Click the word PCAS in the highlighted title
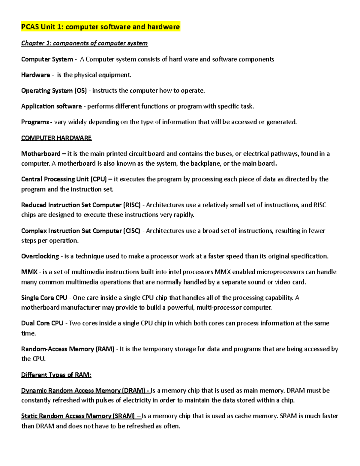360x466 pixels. [x=30, y=27]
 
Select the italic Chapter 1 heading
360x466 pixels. [x=84, y=43]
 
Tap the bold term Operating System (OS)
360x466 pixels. [x=54, y=91]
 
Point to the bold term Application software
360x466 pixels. [x=51, y=106]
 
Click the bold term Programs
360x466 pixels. [x=35, y=122]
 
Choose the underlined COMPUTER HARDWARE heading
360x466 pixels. [x=56, y=138]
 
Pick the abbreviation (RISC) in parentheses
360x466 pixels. [x=132, y=205]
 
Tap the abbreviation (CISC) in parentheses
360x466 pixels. [x=131, y=231]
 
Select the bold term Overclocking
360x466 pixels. [x=40, y=256]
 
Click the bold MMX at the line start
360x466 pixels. [x=29, y=272]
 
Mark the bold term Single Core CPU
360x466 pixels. [x=44, y=298]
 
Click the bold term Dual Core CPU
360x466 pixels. [x=42, y=323]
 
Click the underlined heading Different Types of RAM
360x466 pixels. [x=56, y=375]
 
